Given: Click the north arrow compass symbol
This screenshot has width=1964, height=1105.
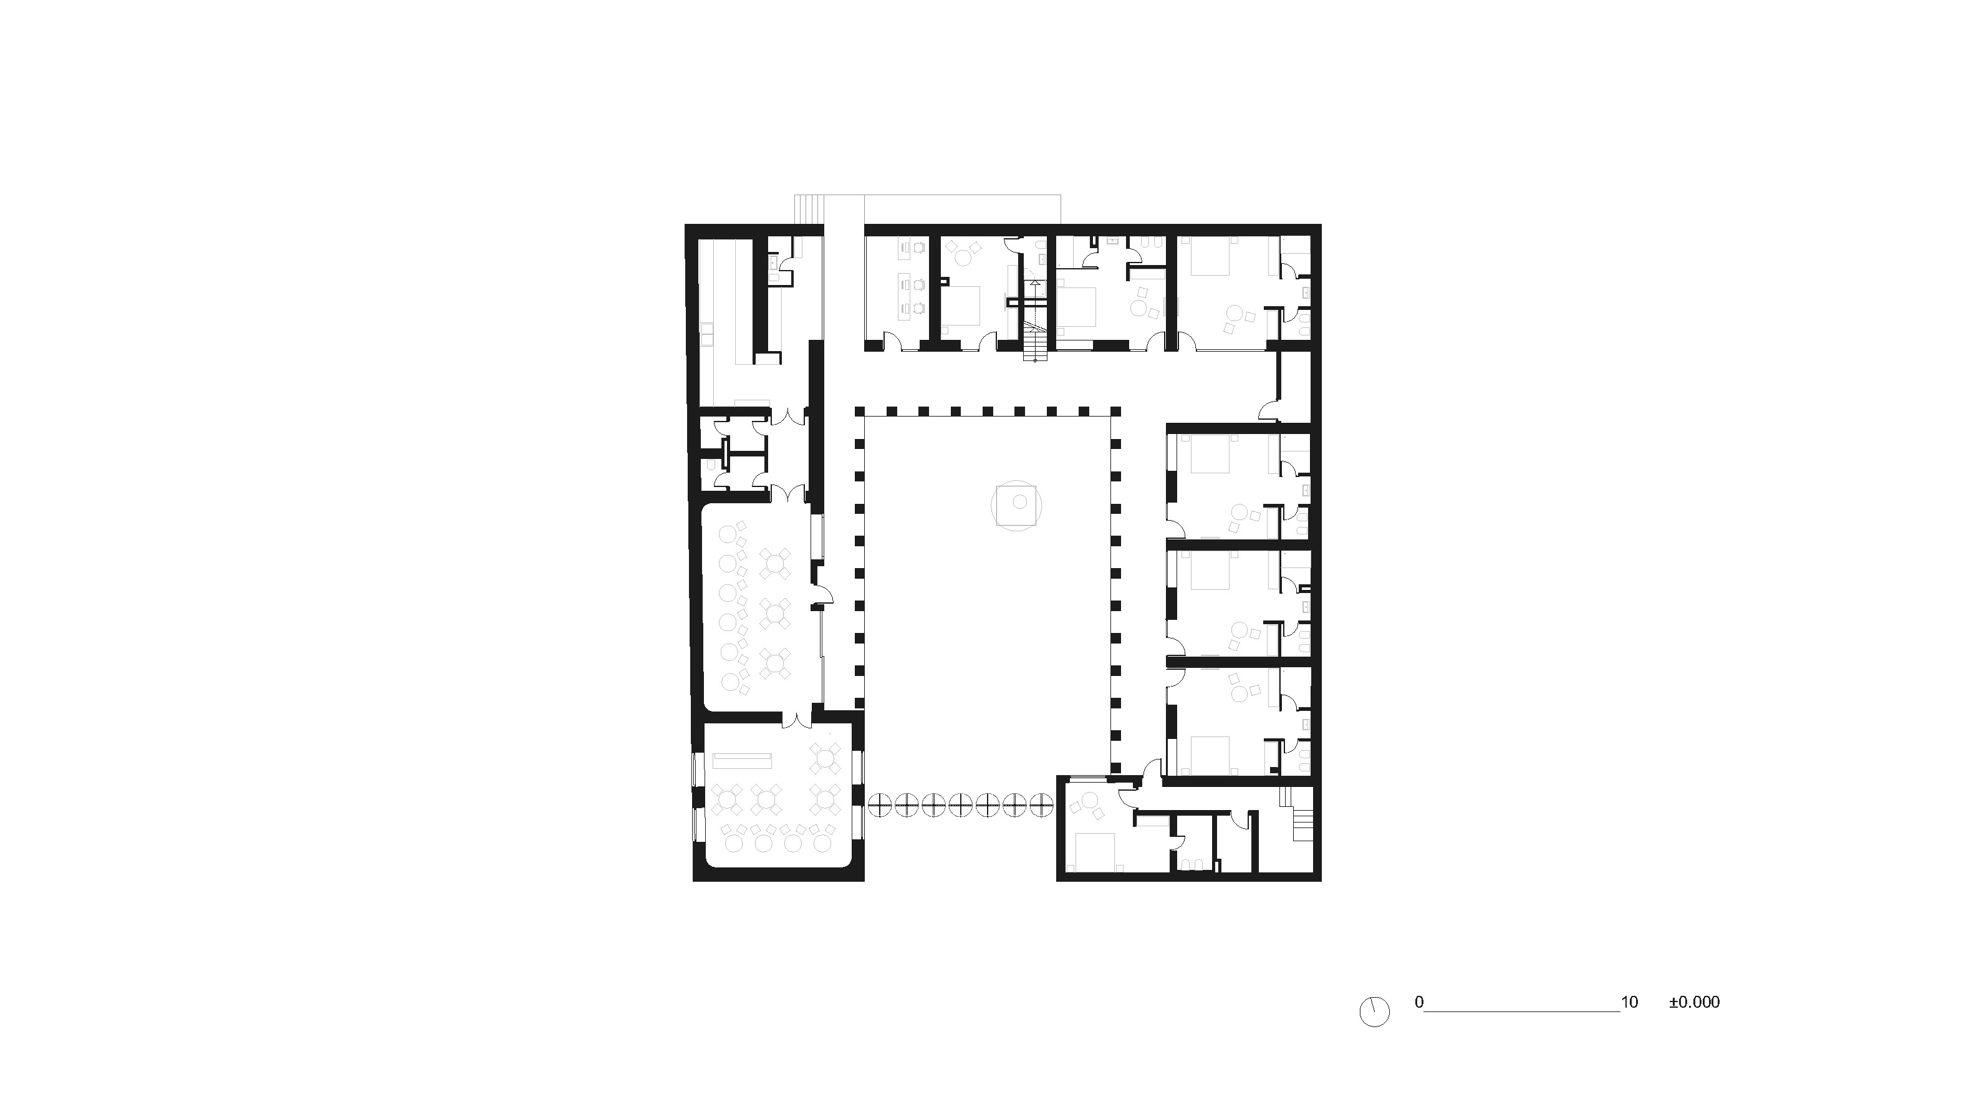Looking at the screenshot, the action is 1374,1012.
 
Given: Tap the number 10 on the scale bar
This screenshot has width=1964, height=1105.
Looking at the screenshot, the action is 1629,1002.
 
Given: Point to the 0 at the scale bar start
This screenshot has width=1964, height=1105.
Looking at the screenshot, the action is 1419,1002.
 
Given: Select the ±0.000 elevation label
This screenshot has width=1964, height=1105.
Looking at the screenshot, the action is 1694,1002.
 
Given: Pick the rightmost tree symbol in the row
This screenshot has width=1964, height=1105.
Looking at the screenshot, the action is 1041,805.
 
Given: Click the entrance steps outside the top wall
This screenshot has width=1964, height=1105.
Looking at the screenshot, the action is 810,209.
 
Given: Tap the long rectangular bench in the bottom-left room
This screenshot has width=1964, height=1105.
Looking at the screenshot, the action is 208,760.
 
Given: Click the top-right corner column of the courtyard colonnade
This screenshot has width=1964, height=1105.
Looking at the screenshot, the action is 1115,411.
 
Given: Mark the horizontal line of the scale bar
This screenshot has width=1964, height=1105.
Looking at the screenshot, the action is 1522,1011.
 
